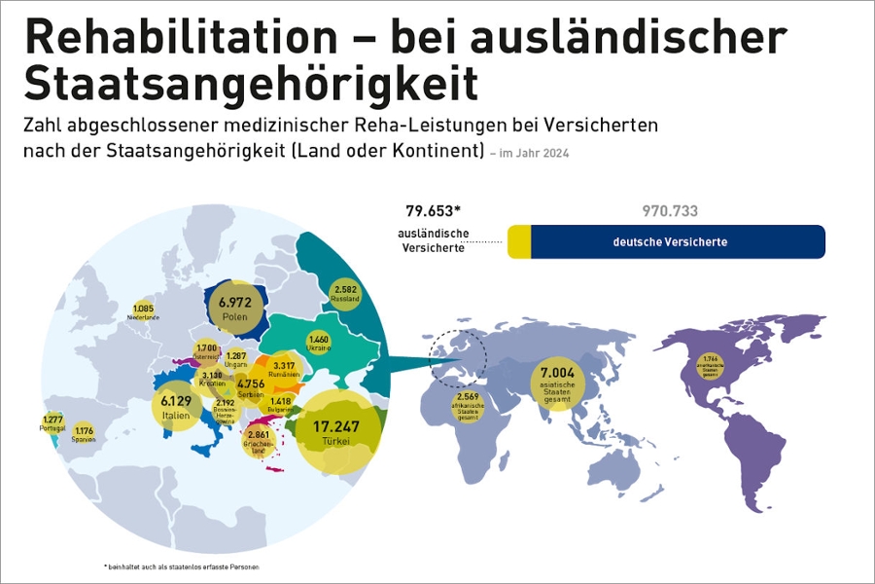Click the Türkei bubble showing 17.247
pyautogui.click(x=336, y=432)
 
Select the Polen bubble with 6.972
pyautogui.click(x=234, y=310)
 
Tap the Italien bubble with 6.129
pyautogui.click(x=176, y=407)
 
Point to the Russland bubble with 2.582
pyautogui.click(x=346, y=293)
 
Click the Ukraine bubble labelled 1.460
pyautogui.click(x=320, y=343)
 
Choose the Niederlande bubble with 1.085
pyautogui.click(x=144, y=311)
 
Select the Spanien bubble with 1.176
pyautogui.click(x=84, y=434)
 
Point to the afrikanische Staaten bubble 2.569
pyautogui.click(x=469, y=402)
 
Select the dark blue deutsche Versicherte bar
pyautogui.click(x=678, y=242)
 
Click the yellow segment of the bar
pyautogui.click(x=519, y=242)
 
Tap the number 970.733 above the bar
pyautogui.click(x=670, y=211)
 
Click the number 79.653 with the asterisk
pyautogui.click(x=433, y=210)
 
